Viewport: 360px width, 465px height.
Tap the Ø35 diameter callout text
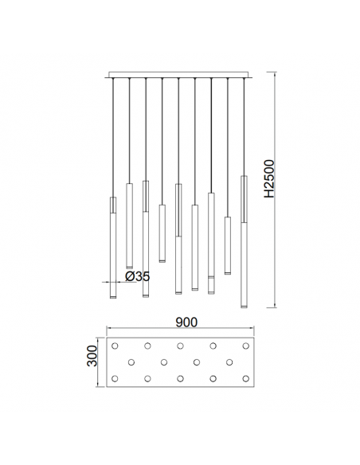(138, 276)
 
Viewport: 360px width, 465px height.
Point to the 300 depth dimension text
(93, 361)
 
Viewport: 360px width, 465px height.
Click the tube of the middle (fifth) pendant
(178, 239)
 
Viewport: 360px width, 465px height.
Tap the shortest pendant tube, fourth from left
(162, 232)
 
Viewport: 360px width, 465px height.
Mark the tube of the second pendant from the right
(227, 244)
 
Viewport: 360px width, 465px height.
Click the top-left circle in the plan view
(115, 346)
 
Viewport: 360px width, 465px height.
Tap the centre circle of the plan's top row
(181, 346)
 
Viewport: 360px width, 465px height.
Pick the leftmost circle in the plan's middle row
(131, 361)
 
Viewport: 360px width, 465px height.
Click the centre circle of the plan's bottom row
(181, 377)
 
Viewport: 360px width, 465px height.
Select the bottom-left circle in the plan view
(115, 377)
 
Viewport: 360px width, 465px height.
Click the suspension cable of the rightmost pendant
(244, 127)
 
